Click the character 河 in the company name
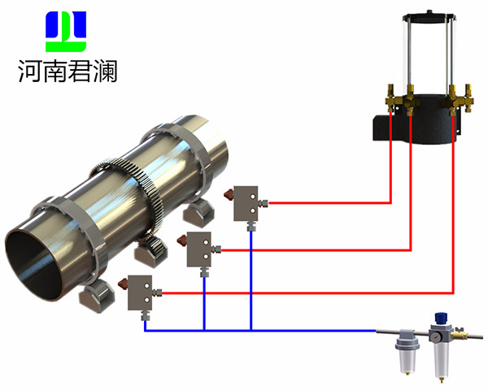pyautogui.click(x=30, y=71)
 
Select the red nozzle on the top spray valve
pyautogui.click(x=231, y=194)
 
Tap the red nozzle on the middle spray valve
pyautogui.click(x=181, y=240)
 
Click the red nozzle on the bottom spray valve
pyautogui.click(x=121, y=284)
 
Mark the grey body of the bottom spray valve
pyautogui.click(x=141, y=293)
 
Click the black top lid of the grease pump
pyautogui.click(x=427, y=15)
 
